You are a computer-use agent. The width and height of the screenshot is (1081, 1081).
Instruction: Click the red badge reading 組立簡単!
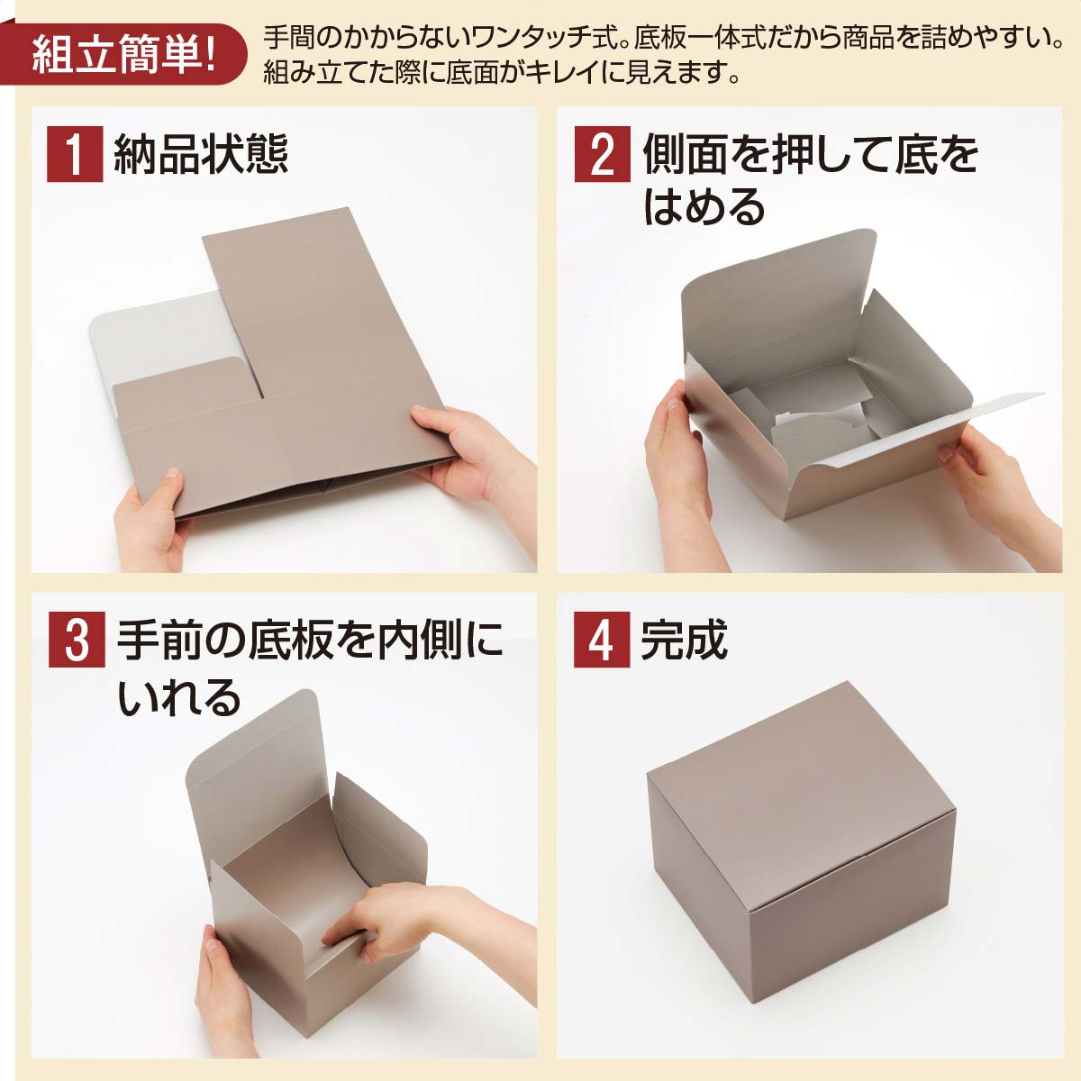(x=122, y=54)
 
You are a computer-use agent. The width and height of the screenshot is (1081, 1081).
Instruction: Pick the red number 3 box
(x=77, y=640)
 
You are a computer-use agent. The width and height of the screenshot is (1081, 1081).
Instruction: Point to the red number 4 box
(x=601, y=640)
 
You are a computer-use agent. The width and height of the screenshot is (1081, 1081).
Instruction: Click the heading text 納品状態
(x=200, y=154)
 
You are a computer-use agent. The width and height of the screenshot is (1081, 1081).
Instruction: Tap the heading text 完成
(x=684, y=640)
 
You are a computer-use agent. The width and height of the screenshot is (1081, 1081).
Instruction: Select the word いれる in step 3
(x=179, y=696)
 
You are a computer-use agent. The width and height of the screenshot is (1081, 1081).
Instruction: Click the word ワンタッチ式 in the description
(x=532, y=38)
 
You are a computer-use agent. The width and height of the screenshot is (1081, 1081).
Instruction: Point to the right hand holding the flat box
(x=468, y=450)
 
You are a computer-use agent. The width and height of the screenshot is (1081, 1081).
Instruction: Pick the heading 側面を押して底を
(x=810, y=155)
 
